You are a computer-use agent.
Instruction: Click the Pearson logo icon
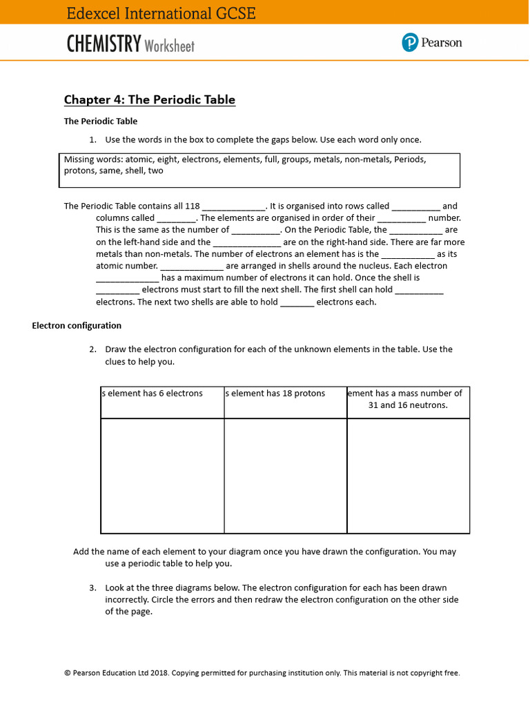[x=411, y=43]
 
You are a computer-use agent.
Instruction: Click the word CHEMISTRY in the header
[x=104, y=44]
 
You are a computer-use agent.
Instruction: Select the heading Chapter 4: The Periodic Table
[x=150, y=99]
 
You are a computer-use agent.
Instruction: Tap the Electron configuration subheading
[x=77, y=325]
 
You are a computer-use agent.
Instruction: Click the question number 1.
[x=92, y=139]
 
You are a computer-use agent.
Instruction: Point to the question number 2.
[x=92, y=349]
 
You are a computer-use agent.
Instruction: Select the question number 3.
[x=92, y=588]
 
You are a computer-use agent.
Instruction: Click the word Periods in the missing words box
[x=409, y=159]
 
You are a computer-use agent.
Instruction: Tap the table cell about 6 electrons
[x=162, y=402]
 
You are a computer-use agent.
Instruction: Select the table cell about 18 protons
[x=285, y=402]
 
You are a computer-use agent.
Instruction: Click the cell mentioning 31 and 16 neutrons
[x=408, y=402]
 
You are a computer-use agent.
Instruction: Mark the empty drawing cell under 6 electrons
[x=162, y=476]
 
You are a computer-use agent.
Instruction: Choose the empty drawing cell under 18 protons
[x=285, y=476]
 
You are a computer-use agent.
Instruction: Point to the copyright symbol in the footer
[x=68, y=672]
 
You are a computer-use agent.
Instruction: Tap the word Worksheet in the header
[x=170, y=46]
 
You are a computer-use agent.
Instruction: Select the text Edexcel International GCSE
[x=161, y=13]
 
